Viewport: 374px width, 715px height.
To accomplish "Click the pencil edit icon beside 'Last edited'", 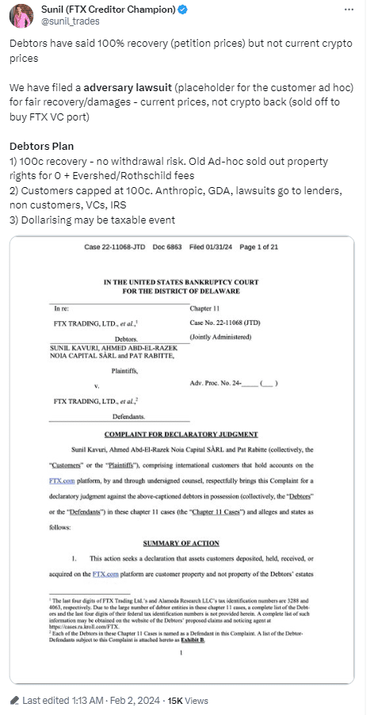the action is click(16, 700).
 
